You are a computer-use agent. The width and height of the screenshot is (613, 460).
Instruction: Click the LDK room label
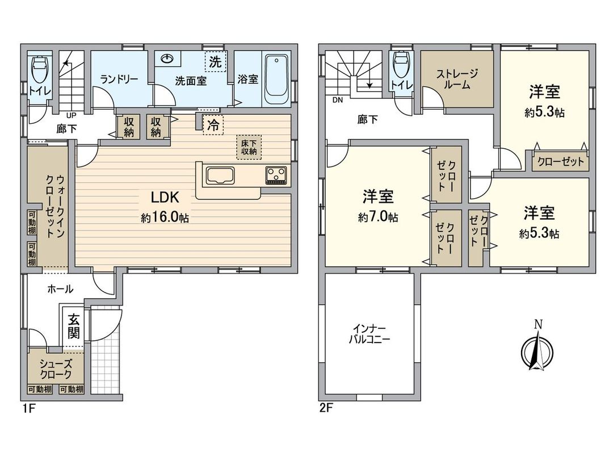point(165,197)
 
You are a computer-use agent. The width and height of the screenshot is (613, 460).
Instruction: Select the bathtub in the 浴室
point(278,79)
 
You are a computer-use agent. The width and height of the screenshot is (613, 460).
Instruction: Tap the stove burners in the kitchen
point(276,175)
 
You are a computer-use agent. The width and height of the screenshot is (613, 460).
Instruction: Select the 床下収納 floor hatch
point(249,147)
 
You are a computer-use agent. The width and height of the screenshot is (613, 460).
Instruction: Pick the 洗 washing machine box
point(216,62)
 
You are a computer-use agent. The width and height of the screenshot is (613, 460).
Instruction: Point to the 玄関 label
point(74,326)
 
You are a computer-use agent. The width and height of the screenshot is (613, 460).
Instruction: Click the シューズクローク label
point(56,369)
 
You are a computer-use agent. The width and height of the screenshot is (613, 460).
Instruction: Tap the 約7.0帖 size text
point(377,217)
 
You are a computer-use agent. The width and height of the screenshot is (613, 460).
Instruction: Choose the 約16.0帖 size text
point(165,218)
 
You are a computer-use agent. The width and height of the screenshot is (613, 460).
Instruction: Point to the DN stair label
point(337,101)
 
